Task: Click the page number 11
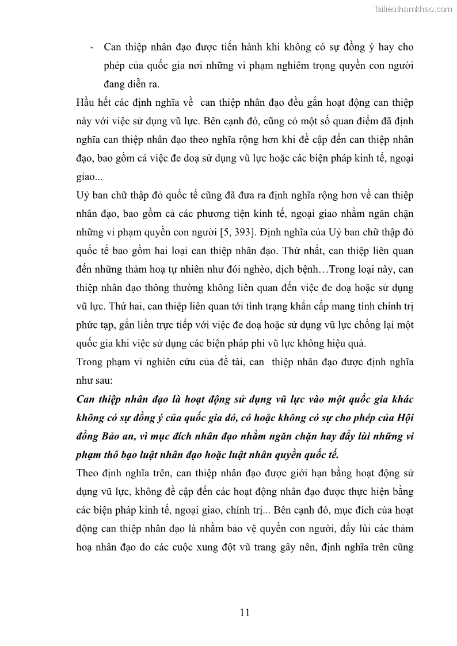coord(245,613)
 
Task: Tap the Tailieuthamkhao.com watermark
coord(413,9)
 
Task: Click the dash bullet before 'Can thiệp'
coord(92,47)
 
